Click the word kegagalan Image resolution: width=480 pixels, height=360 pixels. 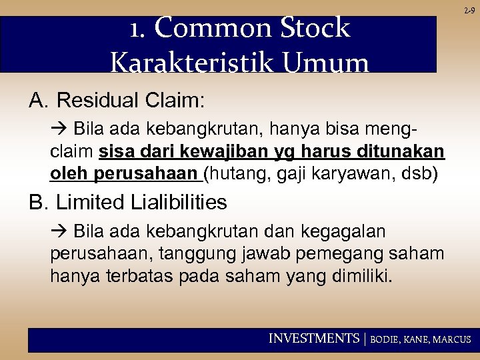point(343,231)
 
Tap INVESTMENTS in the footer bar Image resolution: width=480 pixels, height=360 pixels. point(313,339)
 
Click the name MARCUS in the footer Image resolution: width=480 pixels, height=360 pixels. point(451,339)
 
